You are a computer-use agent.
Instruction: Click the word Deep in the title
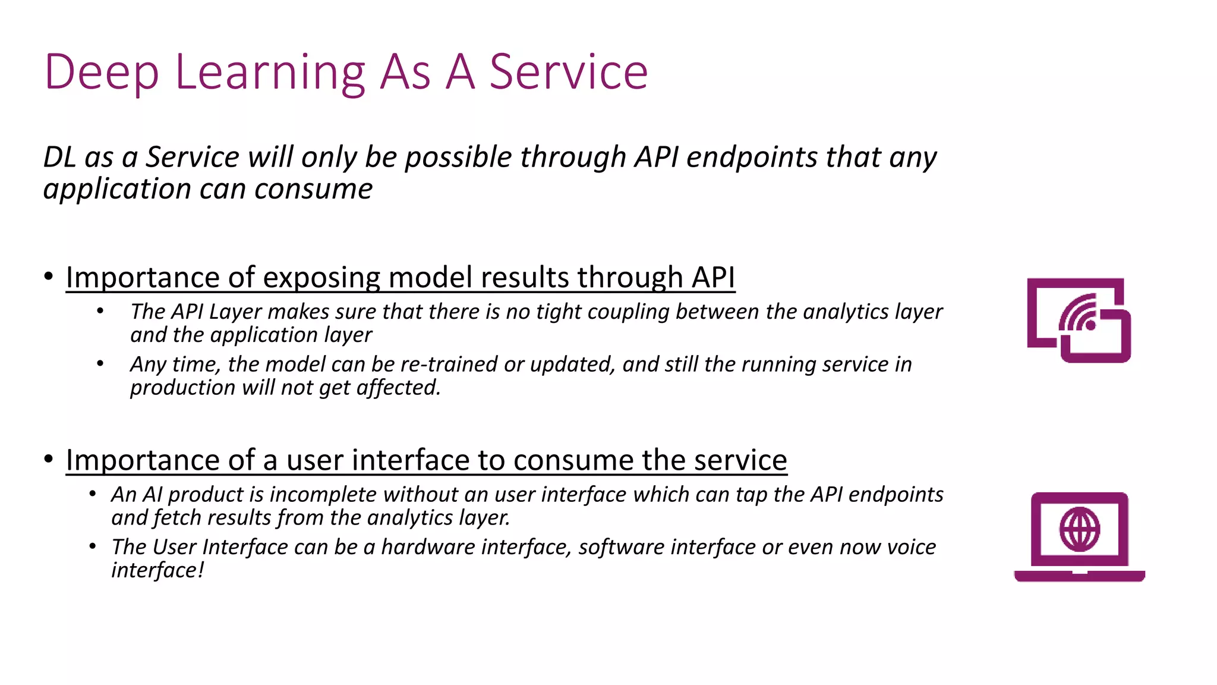102,73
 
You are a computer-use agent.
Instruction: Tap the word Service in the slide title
568,73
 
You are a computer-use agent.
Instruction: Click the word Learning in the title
270,73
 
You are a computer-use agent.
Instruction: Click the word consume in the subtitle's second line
313,189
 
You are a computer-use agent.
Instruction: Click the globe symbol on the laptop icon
1079,529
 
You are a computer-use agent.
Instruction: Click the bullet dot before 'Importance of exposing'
49,276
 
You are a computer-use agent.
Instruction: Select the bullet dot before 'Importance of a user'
49,459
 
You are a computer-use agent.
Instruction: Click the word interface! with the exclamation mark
157,570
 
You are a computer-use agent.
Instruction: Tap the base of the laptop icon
1079,576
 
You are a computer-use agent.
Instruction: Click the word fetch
178,518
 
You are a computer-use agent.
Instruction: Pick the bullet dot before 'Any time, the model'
100,363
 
